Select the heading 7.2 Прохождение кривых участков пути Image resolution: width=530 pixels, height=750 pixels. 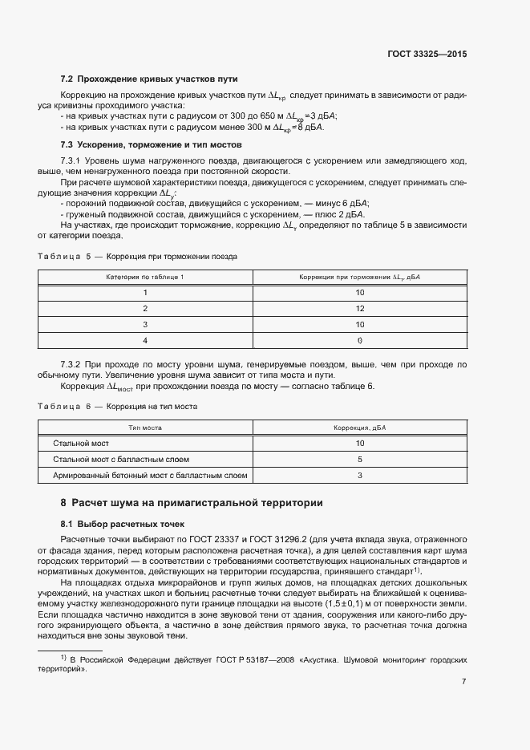coord(149,79)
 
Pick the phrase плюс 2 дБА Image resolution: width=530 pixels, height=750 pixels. coord(341,215)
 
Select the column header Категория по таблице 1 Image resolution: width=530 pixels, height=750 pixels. coord(145,277)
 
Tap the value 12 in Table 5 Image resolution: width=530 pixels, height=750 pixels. coord(360,308)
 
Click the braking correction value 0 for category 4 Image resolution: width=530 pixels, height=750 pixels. coord(360,340)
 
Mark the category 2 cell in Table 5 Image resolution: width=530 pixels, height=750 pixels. coord(145,308)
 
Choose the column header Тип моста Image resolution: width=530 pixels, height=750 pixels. coord(145,428)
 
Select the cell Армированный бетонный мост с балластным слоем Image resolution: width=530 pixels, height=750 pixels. coord(150,476)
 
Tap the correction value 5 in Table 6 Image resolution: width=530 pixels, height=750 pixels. coord(360,460)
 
